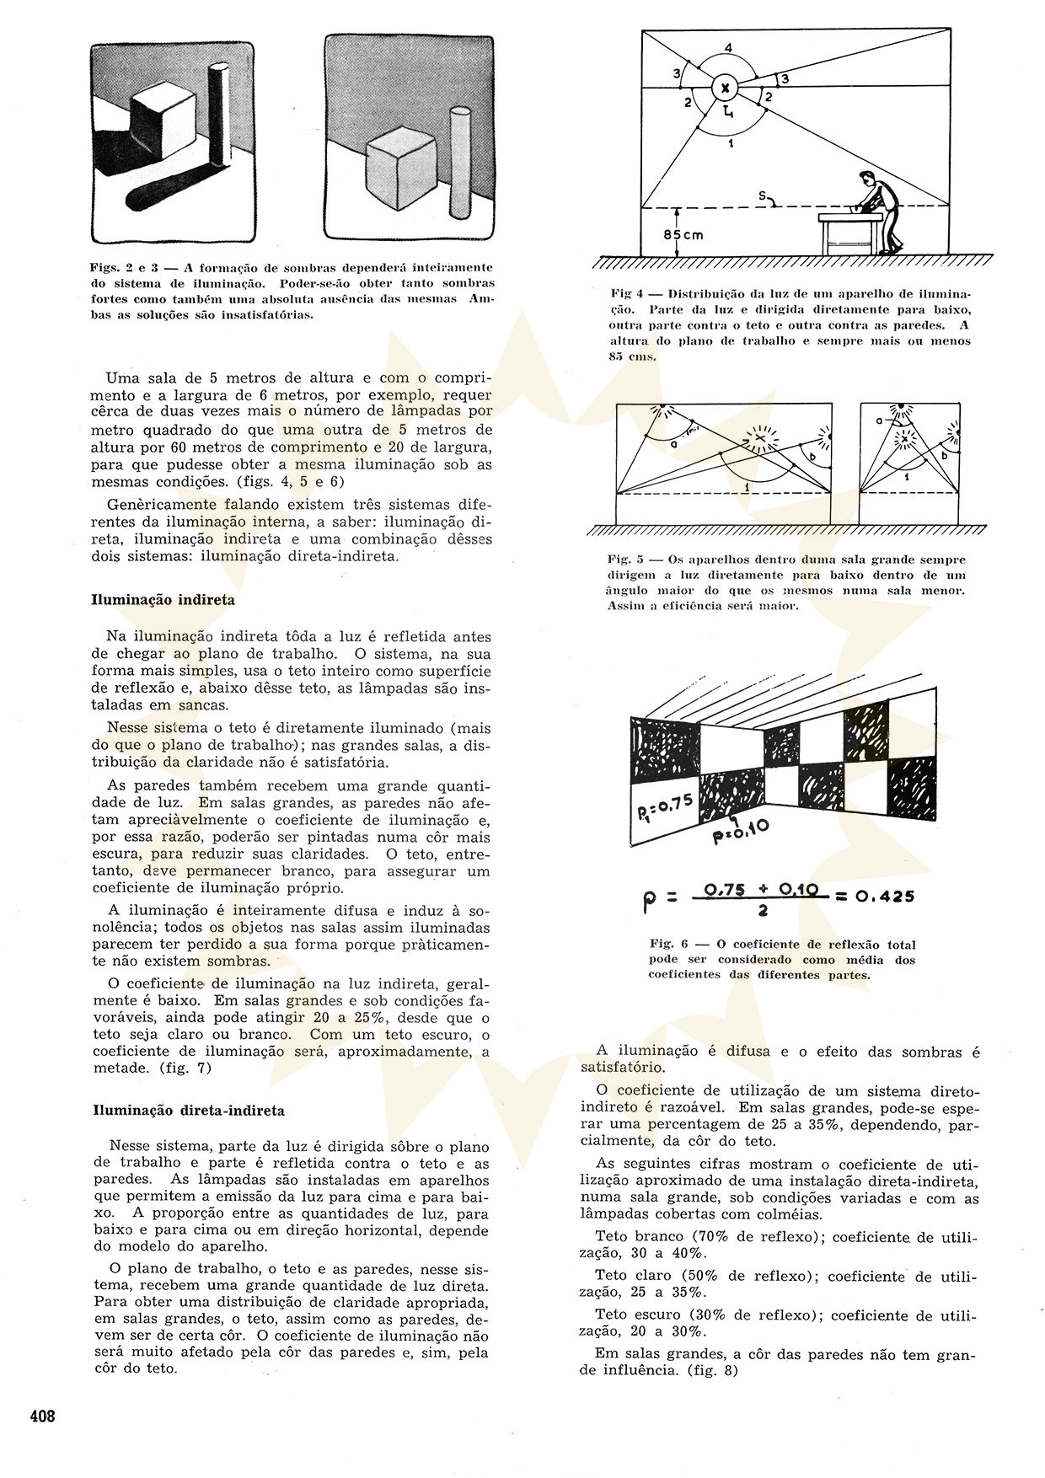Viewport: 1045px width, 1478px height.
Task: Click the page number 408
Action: (42, 1416)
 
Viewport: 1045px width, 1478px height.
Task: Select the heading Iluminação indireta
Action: (163, 601)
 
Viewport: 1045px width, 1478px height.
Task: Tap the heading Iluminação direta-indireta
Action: (188, 1111)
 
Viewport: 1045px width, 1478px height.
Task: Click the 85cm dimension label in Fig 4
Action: (683, 235)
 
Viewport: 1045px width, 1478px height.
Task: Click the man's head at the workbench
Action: (867, 179)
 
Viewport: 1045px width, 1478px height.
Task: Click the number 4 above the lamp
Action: (728, 46)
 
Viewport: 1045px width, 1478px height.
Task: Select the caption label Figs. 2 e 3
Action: (126, 267)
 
